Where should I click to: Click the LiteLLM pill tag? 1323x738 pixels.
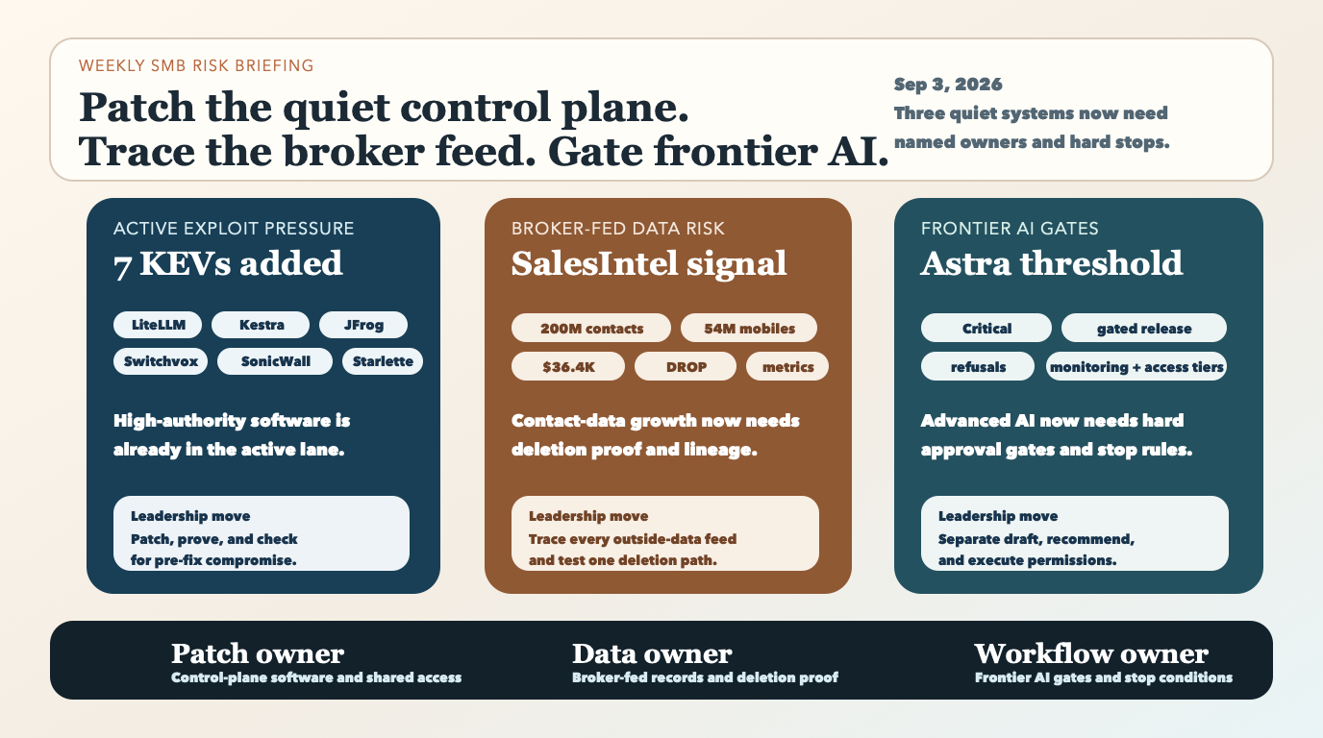158,325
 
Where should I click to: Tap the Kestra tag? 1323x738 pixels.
261,325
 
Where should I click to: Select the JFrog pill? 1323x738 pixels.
363,325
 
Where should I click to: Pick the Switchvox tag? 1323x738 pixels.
161,361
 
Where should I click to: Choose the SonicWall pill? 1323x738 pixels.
275,361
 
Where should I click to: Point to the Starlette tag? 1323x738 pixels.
383,361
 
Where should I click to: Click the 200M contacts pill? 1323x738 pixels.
591,328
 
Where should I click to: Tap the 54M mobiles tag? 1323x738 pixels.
749,328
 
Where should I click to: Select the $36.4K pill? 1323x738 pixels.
568,367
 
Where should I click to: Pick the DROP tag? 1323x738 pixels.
686,367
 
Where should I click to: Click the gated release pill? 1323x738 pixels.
1144,328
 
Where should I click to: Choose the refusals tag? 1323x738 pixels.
978,367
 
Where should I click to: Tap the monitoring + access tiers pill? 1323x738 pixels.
1136,367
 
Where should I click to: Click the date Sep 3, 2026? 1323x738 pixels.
948,85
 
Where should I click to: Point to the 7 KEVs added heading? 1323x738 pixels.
228,264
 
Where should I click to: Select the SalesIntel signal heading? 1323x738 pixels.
649,264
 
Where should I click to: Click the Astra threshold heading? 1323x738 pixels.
1052,263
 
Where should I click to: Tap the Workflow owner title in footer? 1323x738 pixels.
1091,653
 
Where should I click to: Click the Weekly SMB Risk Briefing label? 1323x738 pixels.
196,65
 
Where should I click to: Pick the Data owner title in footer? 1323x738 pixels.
652,653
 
